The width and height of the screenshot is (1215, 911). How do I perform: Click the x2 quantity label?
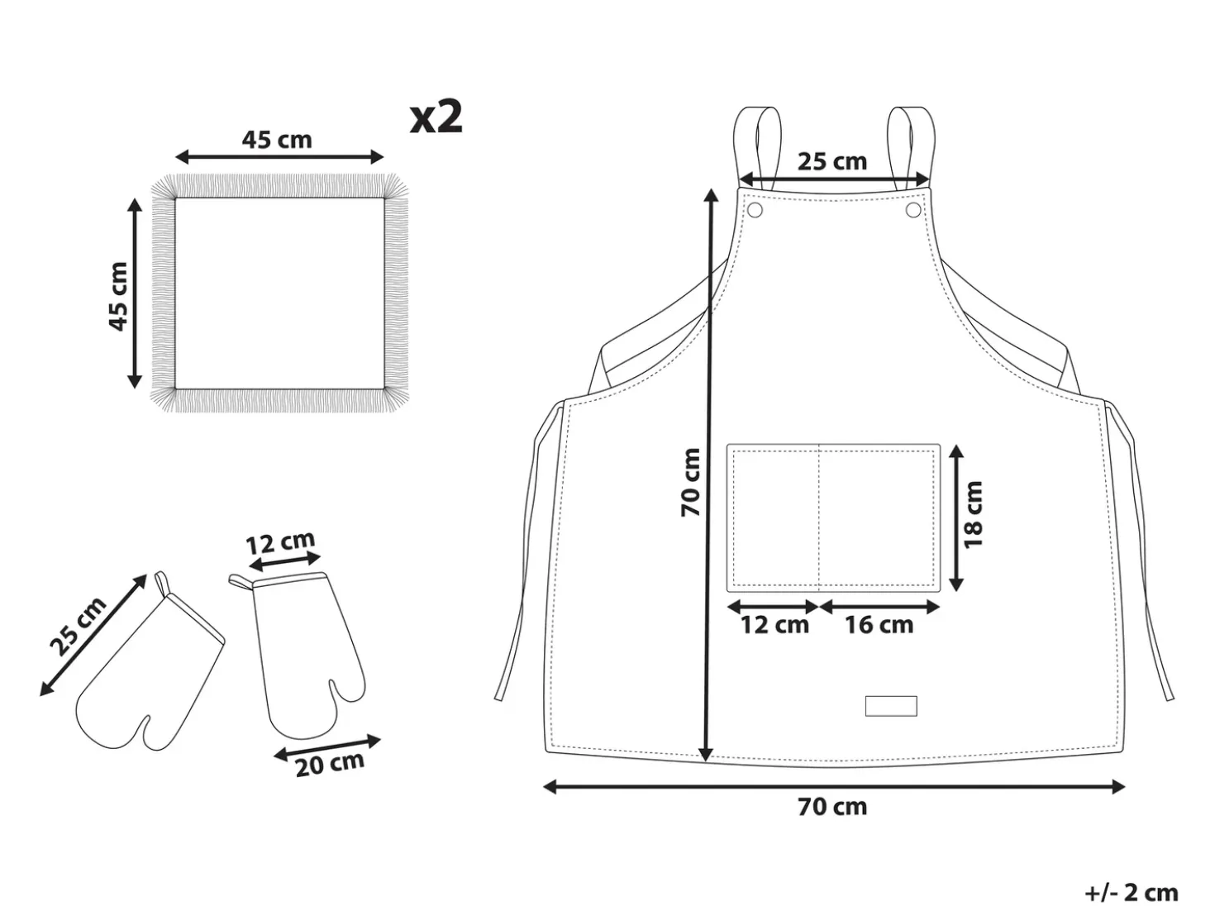(x=436, y=117)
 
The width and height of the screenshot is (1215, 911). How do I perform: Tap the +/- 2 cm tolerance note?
(x=1132, y=893)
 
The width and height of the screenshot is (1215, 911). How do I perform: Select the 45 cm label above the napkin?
(x=277, y=140)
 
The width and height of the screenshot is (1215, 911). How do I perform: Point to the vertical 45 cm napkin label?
(x=118, y=297)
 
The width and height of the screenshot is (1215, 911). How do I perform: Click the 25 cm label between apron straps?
(x=832, y=161)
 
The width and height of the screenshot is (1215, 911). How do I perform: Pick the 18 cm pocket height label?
(x=973, y=515)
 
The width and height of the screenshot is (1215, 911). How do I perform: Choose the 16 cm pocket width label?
(x=879, y=626)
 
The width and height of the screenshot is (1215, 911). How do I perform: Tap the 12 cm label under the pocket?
(x=775, y=626)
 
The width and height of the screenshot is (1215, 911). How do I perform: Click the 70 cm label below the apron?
(x=832, y=807)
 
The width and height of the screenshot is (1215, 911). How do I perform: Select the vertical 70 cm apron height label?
(x=691, y=483)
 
